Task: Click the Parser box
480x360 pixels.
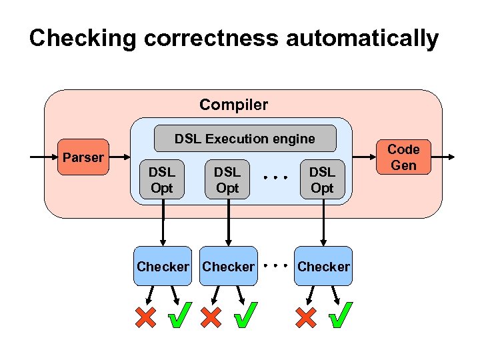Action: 83,158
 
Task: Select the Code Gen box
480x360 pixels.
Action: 403,157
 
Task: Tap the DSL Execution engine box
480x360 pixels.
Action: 245,139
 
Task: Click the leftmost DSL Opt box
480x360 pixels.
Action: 161,180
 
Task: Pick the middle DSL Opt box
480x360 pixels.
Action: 227,180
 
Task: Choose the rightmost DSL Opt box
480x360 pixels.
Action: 322,180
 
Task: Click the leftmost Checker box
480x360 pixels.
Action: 163,267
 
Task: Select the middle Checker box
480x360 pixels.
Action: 228,267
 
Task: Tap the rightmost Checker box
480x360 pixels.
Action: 323,267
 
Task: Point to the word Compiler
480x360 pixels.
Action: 233,105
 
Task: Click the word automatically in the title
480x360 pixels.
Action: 362,38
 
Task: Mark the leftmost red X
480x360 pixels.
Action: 145,317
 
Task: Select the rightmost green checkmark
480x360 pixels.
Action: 341,316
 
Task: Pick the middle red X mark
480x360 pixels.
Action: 211,317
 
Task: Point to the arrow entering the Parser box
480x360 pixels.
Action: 43,157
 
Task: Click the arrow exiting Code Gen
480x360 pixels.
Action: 443,157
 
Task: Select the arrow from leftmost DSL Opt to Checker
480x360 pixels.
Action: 162,223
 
